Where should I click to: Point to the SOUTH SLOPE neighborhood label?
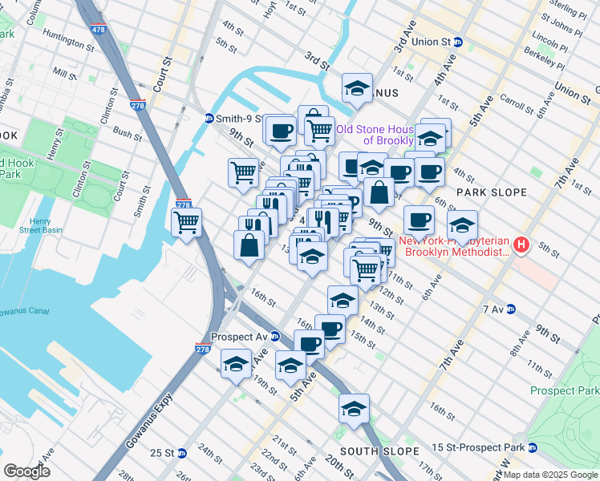coord(370,452)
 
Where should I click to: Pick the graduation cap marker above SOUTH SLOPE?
coord(354,408)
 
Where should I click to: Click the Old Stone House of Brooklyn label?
coord(375,135)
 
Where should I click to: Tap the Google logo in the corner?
coord(27,471)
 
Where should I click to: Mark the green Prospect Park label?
coord(565,390)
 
